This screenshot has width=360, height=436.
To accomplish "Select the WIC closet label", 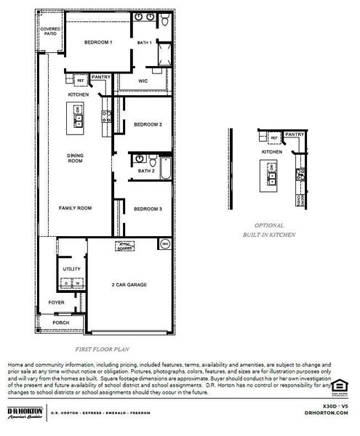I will [143, 81].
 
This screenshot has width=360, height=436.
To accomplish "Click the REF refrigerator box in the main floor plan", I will [71, 81].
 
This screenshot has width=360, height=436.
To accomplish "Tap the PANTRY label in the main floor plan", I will [101, 76].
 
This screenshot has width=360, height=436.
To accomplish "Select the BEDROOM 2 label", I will [148, 125].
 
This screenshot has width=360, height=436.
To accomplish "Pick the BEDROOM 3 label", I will [148, 209].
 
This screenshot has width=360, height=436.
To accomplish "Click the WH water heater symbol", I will [165, 243].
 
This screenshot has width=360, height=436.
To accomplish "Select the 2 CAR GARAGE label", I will [130, 285].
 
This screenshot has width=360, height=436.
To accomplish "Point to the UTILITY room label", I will [71, 269].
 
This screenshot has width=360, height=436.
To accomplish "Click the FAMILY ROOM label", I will [75, 209].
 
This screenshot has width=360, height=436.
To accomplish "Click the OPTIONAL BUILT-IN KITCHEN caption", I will [268, 230].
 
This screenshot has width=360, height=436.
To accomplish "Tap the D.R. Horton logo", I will [23, 413].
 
